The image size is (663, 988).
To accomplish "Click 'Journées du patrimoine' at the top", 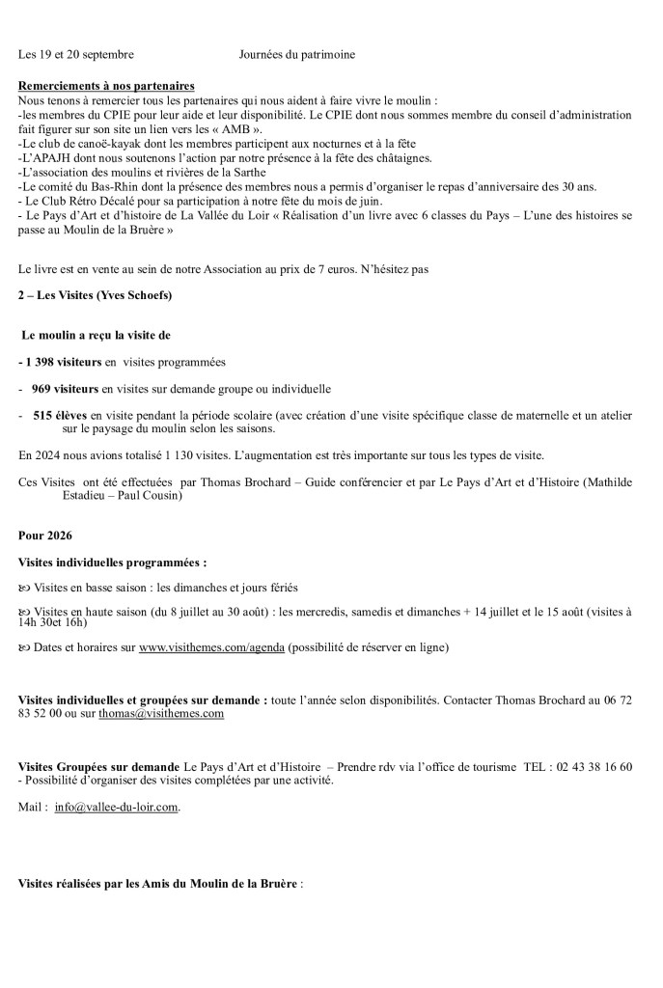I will click(296, 55).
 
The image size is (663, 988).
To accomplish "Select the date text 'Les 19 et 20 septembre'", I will click(76, 55).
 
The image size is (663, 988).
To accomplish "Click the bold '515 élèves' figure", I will click(60, 416).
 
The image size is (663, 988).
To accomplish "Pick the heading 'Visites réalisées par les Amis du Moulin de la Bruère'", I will click(158, 884).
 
